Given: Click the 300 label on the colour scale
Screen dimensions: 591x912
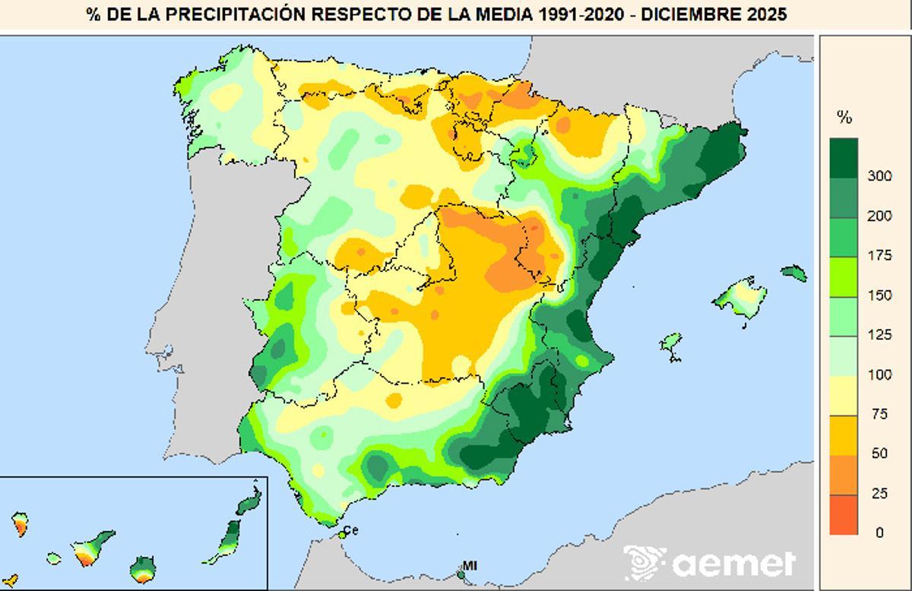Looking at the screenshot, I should coord(880,176).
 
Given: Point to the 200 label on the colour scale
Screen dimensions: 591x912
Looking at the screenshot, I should coord(880,216).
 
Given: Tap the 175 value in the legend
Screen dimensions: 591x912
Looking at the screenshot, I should coord(880,256).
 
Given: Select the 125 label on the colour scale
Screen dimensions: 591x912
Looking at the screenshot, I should coord(880,335).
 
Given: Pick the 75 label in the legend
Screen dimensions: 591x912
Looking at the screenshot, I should coord(879,414).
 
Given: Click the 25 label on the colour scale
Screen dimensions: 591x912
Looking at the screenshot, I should coord(879,494).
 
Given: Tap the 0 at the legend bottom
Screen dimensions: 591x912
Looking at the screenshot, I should coord(879,533).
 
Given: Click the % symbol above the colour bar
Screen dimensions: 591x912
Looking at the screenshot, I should coord(844,117).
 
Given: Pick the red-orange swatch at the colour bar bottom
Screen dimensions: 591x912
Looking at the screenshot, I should coord(844,515).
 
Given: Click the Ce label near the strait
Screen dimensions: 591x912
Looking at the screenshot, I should coord(351,529).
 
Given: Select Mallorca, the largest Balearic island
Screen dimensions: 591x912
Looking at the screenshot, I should coord(740,299).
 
